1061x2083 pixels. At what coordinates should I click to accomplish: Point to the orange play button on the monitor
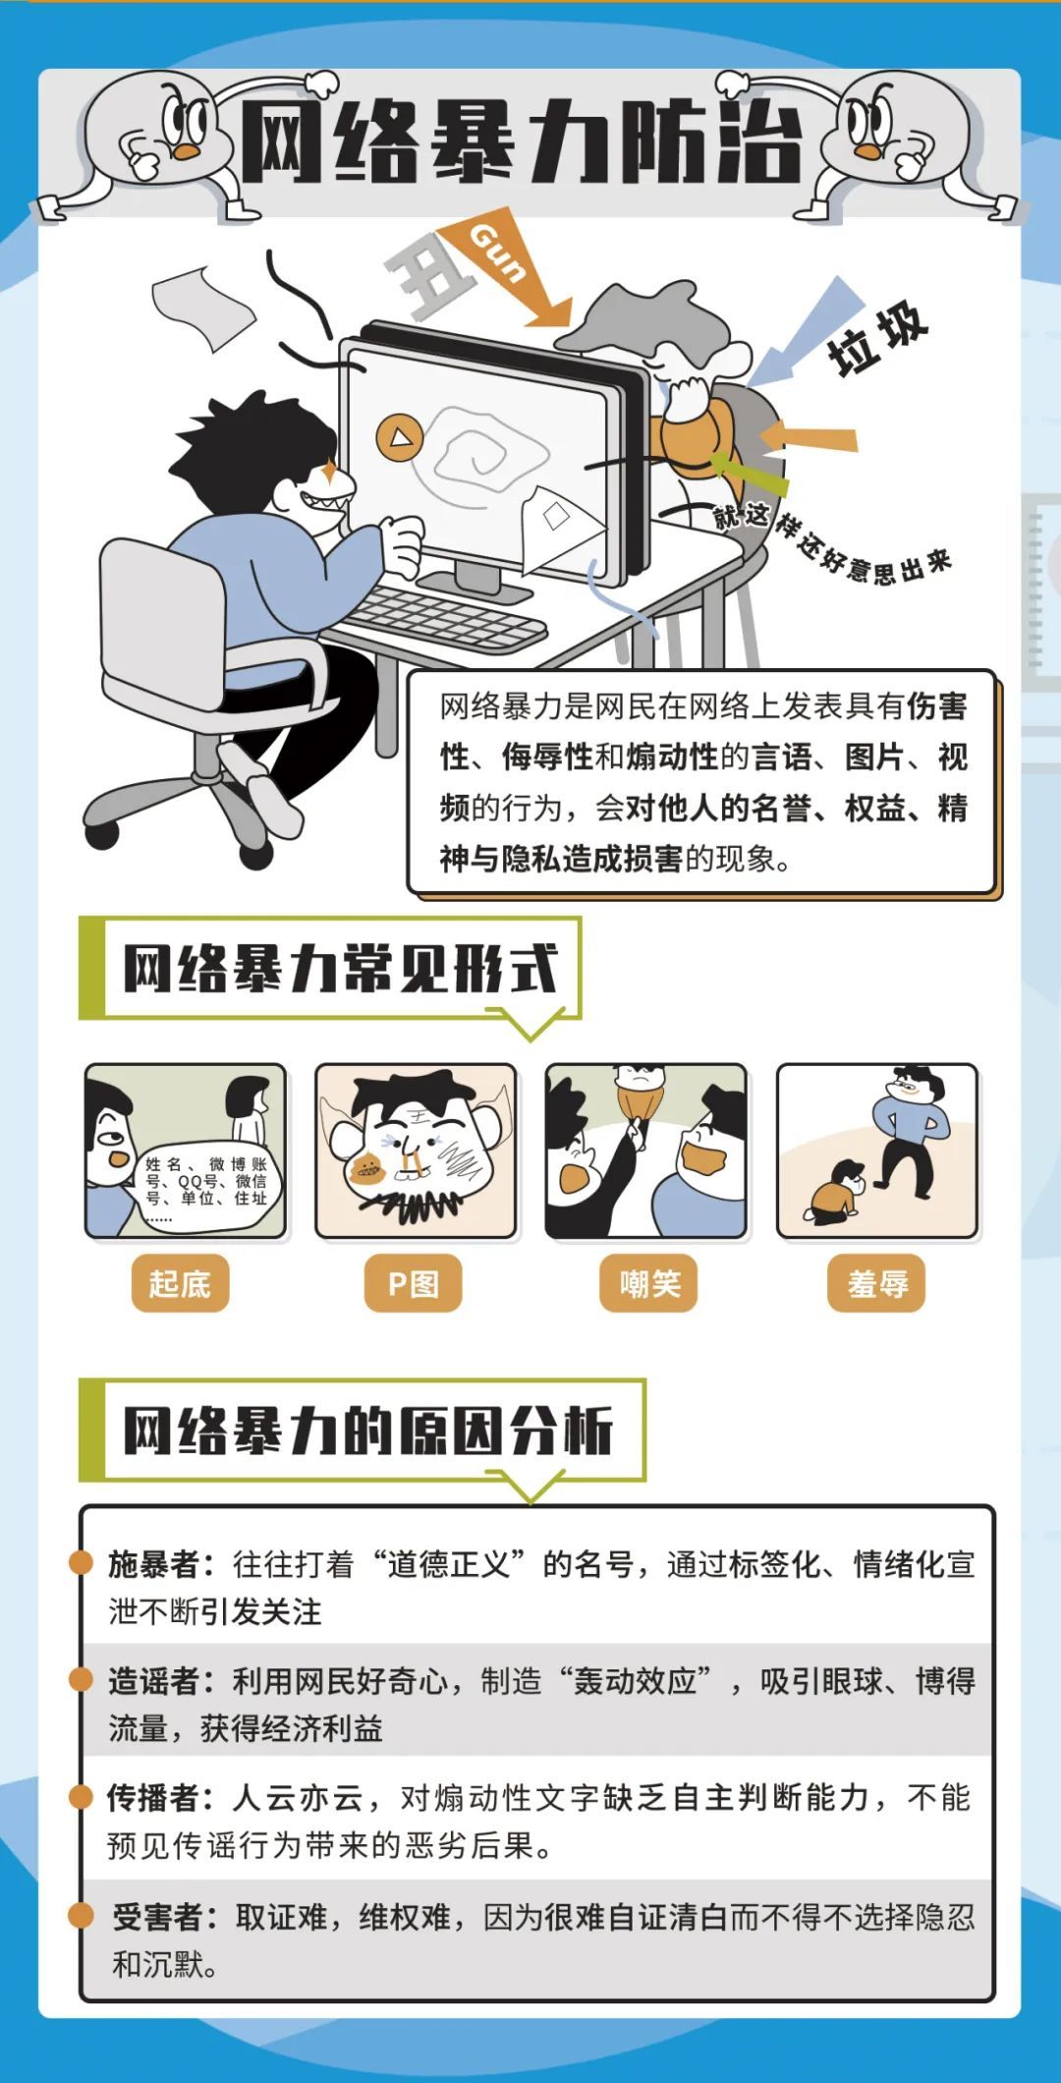[x=400, y=436]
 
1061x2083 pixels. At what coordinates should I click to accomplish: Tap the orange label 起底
[x=180, y=1283]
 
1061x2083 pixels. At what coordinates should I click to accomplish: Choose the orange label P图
[x=413, y=1283]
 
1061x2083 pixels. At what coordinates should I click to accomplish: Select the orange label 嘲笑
[x=648, y=1283]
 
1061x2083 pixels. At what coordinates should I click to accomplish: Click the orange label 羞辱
[x=877, y=1283]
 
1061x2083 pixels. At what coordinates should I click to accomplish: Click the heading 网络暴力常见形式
[x=340, y=969]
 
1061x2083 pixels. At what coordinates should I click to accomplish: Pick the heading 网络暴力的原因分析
[x=367, y=1431]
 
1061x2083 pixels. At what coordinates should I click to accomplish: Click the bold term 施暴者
[x=154, y=1564]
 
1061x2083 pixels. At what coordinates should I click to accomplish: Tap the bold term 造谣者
[x=154, y=1681]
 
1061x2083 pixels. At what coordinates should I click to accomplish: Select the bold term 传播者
[x=154, y=1798]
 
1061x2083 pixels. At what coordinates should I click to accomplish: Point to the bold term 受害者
[x=157, y=1917]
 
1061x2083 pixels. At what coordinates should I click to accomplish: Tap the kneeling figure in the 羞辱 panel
[x=836, y=1191]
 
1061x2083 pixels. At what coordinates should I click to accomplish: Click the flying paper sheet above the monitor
[x=202, y=306]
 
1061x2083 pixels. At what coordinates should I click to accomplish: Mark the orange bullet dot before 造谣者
[x=81, y=1679]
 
